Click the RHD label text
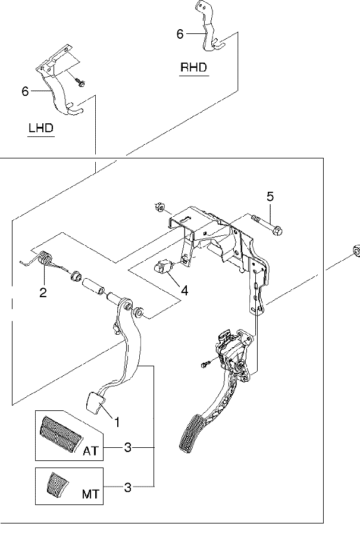(193, 67)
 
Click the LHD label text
(41, 128)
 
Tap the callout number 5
(270, 197)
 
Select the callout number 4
(184, 291)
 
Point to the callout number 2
(43, 292)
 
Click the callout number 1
(117, 422)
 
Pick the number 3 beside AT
(127, 447)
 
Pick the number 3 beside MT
(127, 487)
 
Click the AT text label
(90, 451)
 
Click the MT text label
(90, 494)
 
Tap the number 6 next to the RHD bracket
(180, 34)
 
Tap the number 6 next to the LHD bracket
(25, 91)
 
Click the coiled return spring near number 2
(43, 259)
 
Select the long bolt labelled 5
(267, 225)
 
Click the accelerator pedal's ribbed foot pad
(190, 434)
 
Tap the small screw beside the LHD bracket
(80, 82)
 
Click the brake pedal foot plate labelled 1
(94, 402)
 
